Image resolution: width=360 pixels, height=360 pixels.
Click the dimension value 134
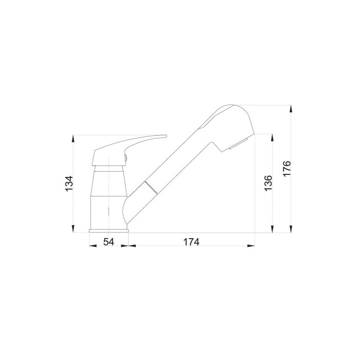point(69,184)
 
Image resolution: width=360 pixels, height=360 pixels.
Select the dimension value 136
point(268,183)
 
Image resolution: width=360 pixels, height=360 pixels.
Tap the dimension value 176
point(287,169)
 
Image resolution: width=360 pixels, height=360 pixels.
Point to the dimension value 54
point(109,242)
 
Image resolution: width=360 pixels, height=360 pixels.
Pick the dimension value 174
point(191,242)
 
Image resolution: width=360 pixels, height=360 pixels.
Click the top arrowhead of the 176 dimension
point(291,109)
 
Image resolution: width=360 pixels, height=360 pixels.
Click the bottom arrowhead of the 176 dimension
point(291,229)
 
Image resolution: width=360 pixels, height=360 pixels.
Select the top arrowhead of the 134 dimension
point(73,139)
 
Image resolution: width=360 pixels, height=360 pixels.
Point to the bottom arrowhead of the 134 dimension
point(73,229)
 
